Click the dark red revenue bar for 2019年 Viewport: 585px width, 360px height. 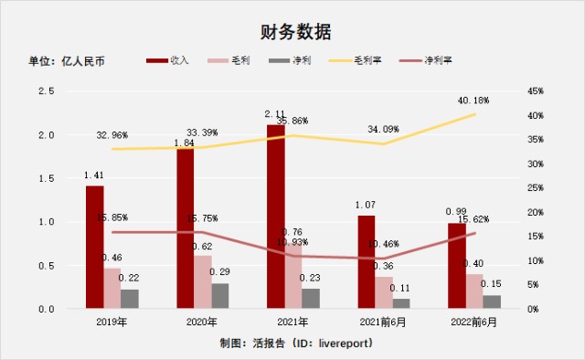tap(94, 247)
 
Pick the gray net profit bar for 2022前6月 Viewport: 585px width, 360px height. tap(492, 302)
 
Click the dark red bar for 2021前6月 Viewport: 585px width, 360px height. tap(366, 261)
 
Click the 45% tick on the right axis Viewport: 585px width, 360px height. tap(536, 91)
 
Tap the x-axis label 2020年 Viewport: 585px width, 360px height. tap(202, 322)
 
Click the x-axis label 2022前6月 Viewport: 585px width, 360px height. tap(473, 322)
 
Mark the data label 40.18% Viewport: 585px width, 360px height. tap(474, 100)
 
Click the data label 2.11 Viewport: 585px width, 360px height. tap(275, 114)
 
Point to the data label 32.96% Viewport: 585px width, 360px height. tap(112, 135)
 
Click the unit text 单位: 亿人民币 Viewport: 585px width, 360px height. tap(68, 61)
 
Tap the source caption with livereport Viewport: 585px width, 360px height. tap(292, 344)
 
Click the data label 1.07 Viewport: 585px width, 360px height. tap(366, 206)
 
